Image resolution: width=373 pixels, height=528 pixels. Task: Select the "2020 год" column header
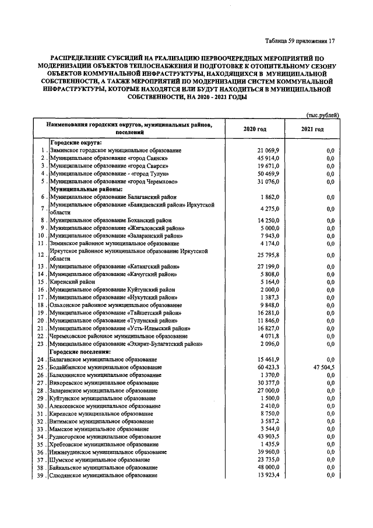[x=254, y=129]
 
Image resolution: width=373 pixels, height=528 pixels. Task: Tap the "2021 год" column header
[x=312, y=129]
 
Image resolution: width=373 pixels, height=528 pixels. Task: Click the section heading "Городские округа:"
[x=76, y=143]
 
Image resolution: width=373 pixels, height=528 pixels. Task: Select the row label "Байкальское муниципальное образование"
[x=104, y=467]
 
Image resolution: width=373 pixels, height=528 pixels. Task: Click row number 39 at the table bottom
[x=40, y=475]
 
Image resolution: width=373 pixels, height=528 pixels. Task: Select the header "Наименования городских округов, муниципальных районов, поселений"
[x=133, y=129]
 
